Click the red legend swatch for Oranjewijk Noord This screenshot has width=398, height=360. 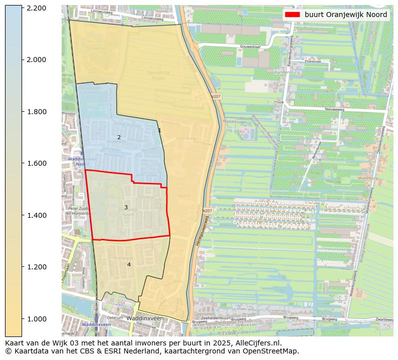coord(292,15)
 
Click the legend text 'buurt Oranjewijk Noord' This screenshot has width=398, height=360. coord(345,15)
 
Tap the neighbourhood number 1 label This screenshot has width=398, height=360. coord(159,130)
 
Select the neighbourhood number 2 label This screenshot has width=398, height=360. coord(119,137)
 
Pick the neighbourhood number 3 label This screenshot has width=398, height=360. coord(126,207)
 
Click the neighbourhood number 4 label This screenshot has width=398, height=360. coord(129,264)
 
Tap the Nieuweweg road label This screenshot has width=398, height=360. coord(334,109)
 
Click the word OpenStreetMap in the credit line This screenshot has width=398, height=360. coord(273,351)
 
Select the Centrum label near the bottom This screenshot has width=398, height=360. coord(115,318)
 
